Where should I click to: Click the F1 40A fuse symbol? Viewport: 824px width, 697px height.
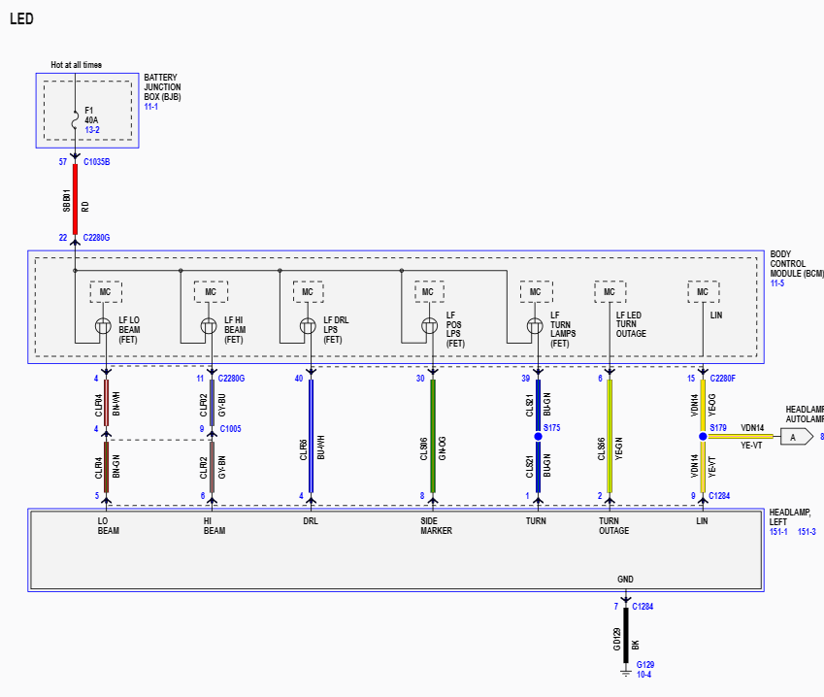[75, 120]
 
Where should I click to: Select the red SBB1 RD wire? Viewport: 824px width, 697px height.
[75, 199]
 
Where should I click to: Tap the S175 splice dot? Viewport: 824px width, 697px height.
[538, 436]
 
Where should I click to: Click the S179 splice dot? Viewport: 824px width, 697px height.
[703, 436]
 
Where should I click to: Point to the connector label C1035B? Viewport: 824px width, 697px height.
[97, 162]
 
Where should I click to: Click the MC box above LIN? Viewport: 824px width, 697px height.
[703, 292]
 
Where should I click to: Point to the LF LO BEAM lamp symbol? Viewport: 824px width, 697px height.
[103, 326]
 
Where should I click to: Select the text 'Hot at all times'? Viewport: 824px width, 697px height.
[76, 65]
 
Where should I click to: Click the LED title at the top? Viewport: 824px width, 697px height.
[21, 18]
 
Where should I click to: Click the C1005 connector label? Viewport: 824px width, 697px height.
[230, 428]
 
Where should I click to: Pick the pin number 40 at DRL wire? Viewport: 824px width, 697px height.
[299, 379]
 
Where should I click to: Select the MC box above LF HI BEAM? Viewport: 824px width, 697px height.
[211, 292]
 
